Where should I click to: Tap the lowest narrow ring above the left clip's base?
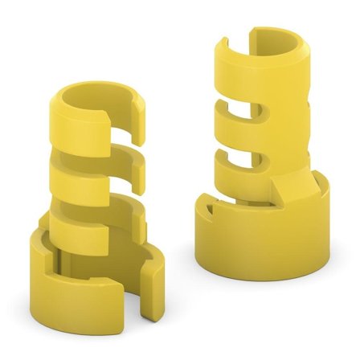coord(80,217)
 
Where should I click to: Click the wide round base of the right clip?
coord(257,241)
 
